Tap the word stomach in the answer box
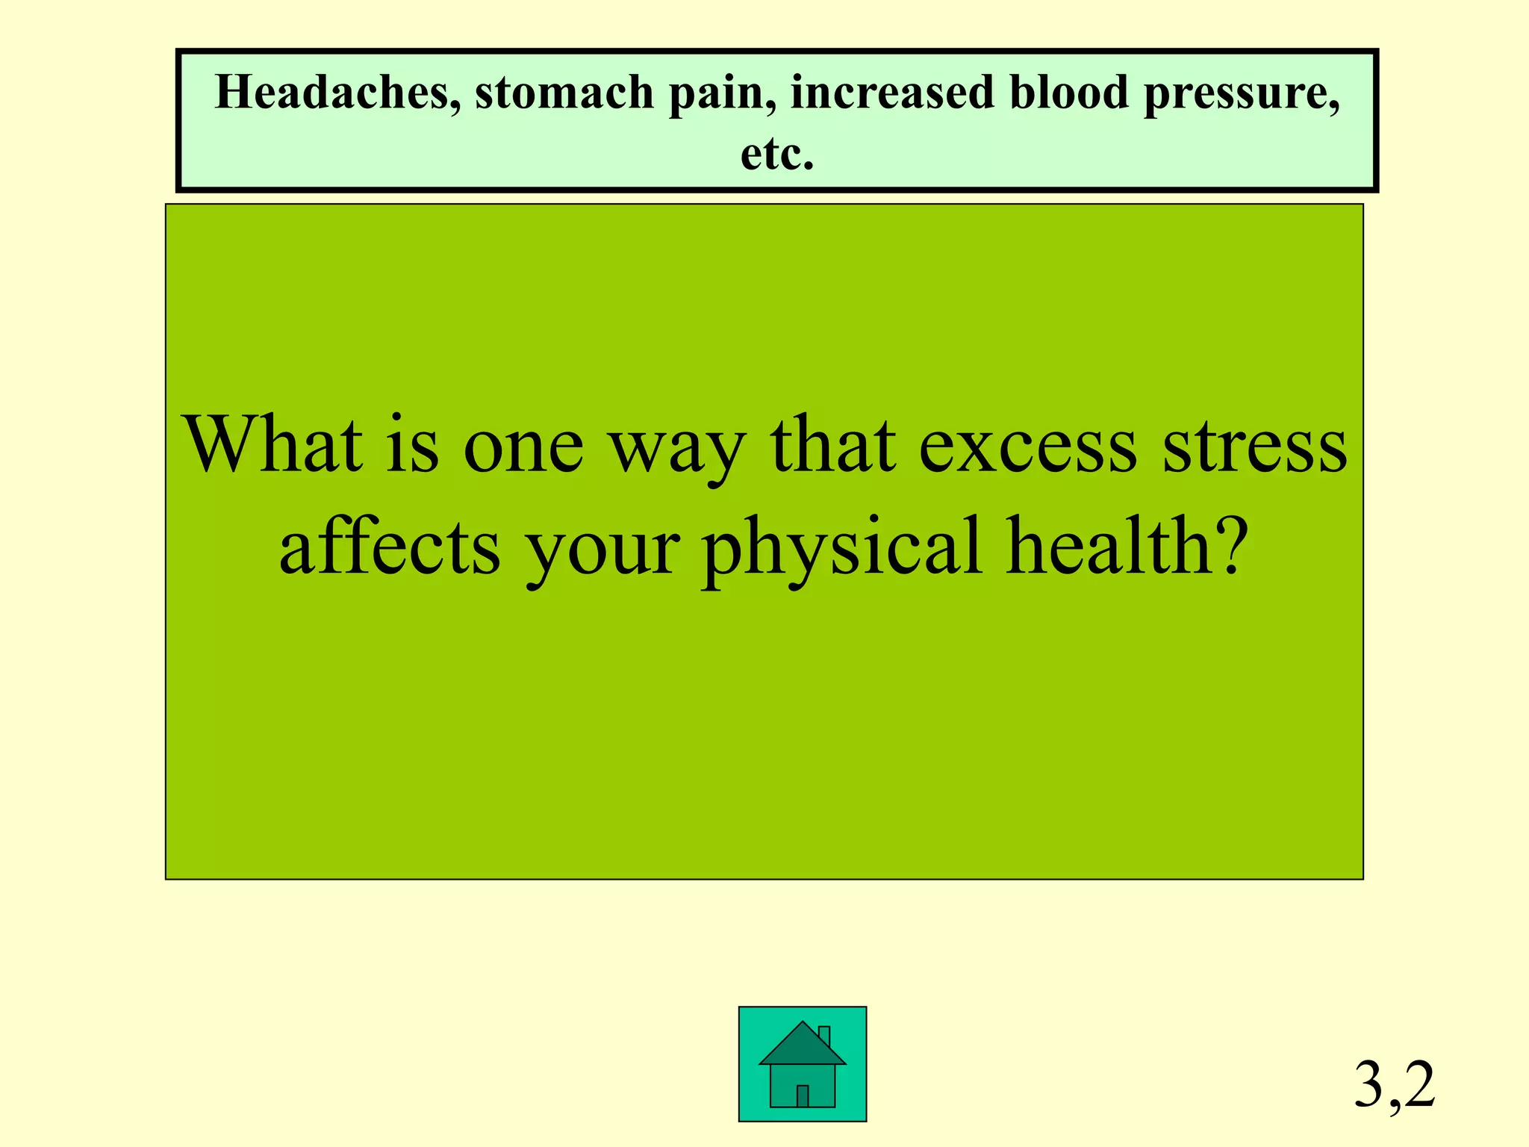(564, 93)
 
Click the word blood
(1069, 93)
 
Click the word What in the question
(273, 446)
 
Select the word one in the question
(523, 446)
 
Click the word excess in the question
(1027, 446)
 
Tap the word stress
(1255, 446)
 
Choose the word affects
(389, 547)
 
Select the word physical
(841, 547)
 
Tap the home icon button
(803, 1064)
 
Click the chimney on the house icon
(824, 1036)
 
